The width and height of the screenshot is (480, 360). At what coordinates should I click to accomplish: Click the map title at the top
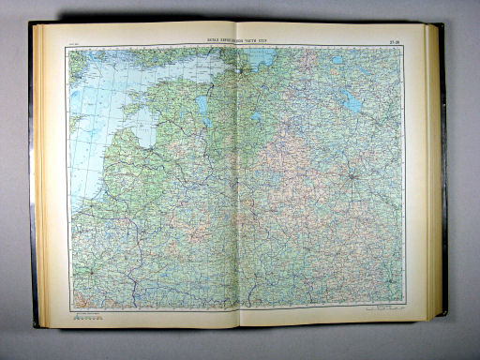point(240,39)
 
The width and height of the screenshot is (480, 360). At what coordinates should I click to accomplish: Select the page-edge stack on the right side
point(432,178)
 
